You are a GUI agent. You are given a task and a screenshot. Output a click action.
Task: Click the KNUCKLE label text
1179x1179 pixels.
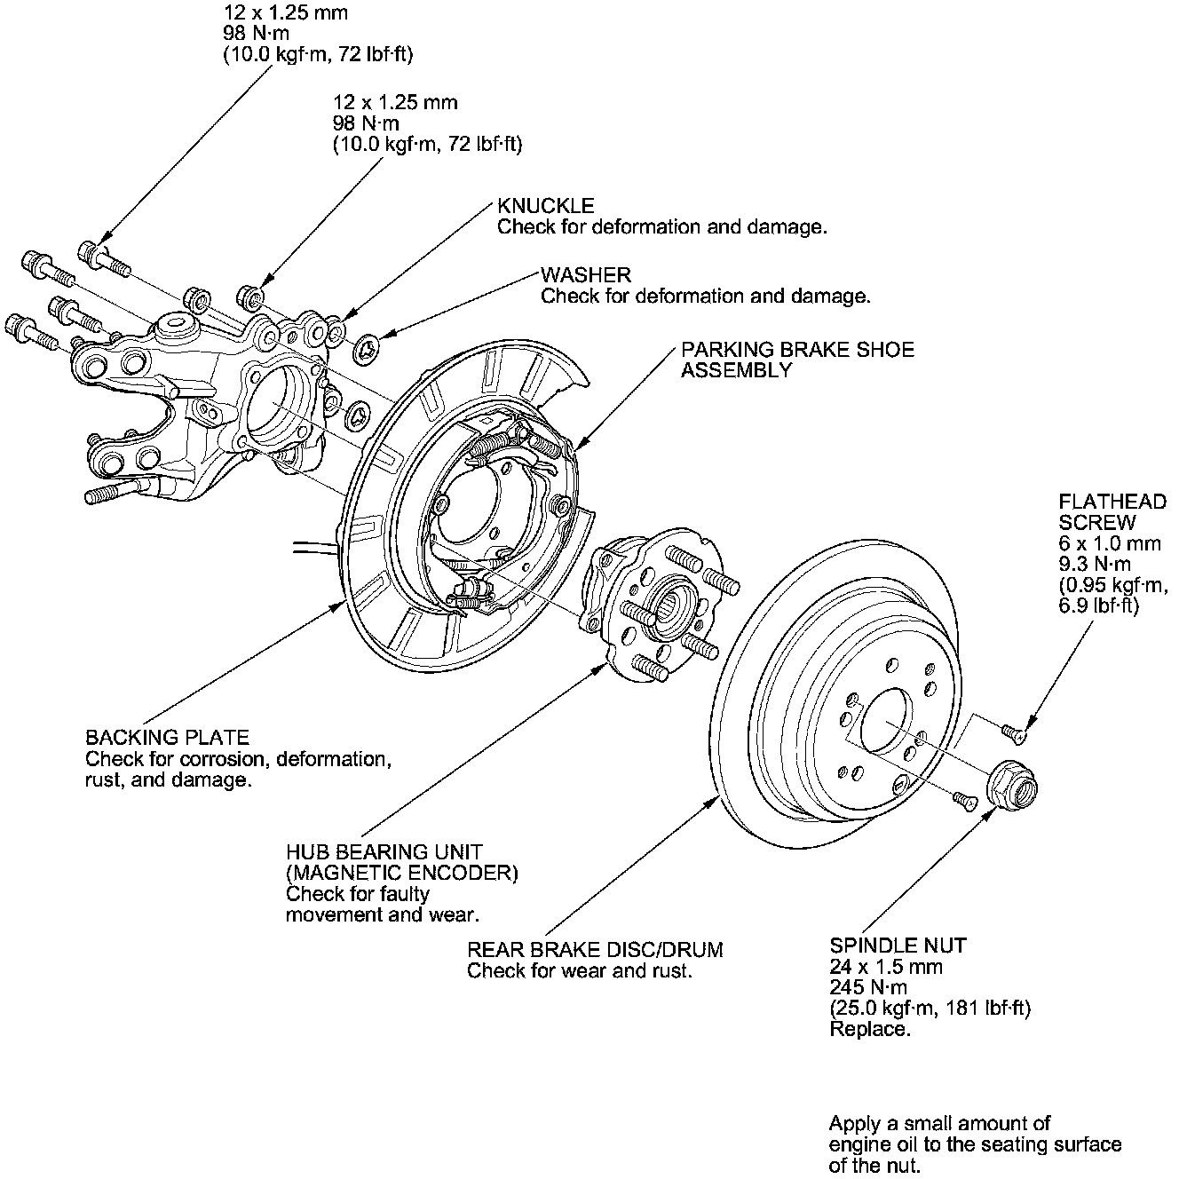[x=545, y=206]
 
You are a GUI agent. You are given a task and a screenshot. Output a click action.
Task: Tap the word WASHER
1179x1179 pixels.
[x=585, y=275]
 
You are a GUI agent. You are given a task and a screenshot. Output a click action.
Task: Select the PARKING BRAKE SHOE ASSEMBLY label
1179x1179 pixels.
[x=796, y=360]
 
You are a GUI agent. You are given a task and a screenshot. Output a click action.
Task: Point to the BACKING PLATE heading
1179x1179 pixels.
[x=167, y=738]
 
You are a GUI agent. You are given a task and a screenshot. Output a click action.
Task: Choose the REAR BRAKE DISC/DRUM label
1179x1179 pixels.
[x=595, y=950]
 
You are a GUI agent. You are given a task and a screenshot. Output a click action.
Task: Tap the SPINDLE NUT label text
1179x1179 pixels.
[x=898, y=946]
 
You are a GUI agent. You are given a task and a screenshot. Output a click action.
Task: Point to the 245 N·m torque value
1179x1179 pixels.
[x=868, y=988]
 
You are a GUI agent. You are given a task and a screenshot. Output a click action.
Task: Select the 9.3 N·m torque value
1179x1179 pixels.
[x=1095, y=565]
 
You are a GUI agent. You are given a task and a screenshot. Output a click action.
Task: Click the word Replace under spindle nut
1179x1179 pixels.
[x=870, y=1030]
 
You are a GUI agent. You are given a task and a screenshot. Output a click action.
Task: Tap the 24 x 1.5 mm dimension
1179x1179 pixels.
[x=885, y=967]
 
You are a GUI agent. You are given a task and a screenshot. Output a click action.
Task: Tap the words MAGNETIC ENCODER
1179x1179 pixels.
[x=401, y=873]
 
